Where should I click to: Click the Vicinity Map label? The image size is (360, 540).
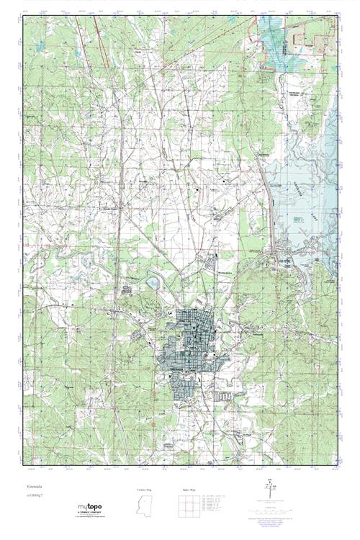144,490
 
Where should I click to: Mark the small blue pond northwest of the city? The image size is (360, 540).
153,283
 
